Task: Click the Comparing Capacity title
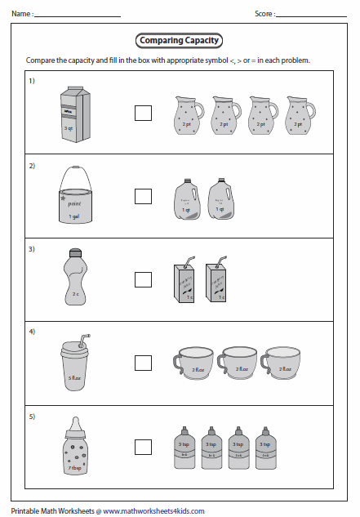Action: point(179,40)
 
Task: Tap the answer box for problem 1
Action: point(143,112)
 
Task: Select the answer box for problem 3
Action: point(143,279)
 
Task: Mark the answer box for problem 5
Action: point(143,446)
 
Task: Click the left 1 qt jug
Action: point(187,200)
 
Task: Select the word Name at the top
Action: point(21,14)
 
